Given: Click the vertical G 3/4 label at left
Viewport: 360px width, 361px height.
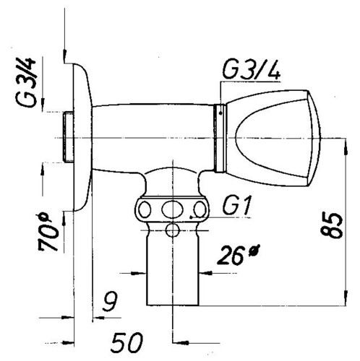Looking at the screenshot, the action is click(26, 82).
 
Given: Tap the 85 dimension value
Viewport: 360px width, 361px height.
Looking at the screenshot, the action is click(332, 225).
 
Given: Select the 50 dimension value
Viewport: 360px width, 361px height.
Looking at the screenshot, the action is click(127, 342).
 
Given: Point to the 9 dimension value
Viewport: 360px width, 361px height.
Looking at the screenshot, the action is click(110, 301).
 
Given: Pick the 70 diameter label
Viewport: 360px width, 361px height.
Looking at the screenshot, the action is click(48, 232).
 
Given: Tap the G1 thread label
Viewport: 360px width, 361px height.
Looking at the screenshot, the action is click(237, 205).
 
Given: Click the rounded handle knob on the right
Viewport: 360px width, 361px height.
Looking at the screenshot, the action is click(273, 139).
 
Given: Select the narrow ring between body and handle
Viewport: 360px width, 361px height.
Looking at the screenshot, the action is click(220, 139).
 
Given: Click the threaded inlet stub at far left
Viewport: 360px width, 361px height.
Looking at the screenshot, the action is click(68, 137).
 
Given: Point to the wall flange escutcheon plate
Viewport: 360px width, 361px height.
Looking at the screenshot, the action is click(82, 137).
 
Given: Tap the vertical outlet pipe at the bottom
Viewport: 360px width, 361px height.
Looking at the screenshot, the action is click(173, 267).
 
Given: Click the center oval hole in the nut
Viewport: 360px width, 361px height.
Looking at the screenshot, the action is click(172, 209).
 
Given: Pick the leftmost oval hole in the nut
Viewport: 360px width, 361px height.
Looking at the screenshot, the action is click(145, 209).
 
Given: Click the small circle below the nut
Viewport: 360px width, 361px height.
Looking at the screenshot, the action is click(173, 230).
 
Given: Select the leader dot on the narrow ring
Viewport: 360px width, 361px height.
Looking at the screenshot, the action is click(220, 113).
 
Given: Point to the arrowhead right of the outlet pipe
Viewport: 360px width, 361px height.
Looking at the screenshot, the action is click(206, 273).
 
